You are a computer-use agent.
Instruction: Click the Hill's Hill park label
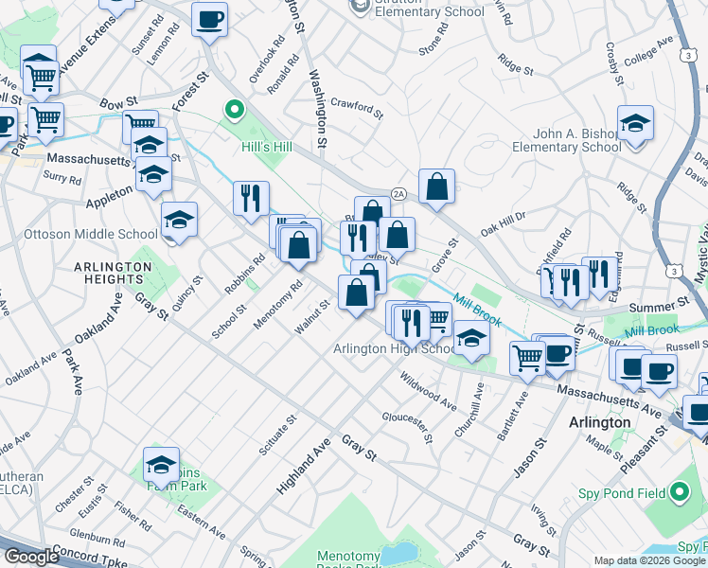270,148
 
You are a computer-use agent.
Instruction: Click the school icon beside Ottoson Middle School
178,221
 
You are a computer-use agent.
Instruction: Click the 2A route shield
398,192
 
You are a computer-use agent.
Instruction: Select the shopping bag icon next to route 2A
436,188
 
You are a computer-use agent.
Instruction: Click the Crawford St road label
357,108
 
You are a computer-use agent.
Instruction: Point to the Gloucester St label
407,427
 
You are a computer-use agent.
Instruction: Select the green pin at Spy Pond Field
679,492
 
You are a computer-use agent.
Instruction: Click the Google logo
30,557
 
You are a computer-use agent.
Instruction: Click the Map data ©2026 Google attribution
649,560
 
